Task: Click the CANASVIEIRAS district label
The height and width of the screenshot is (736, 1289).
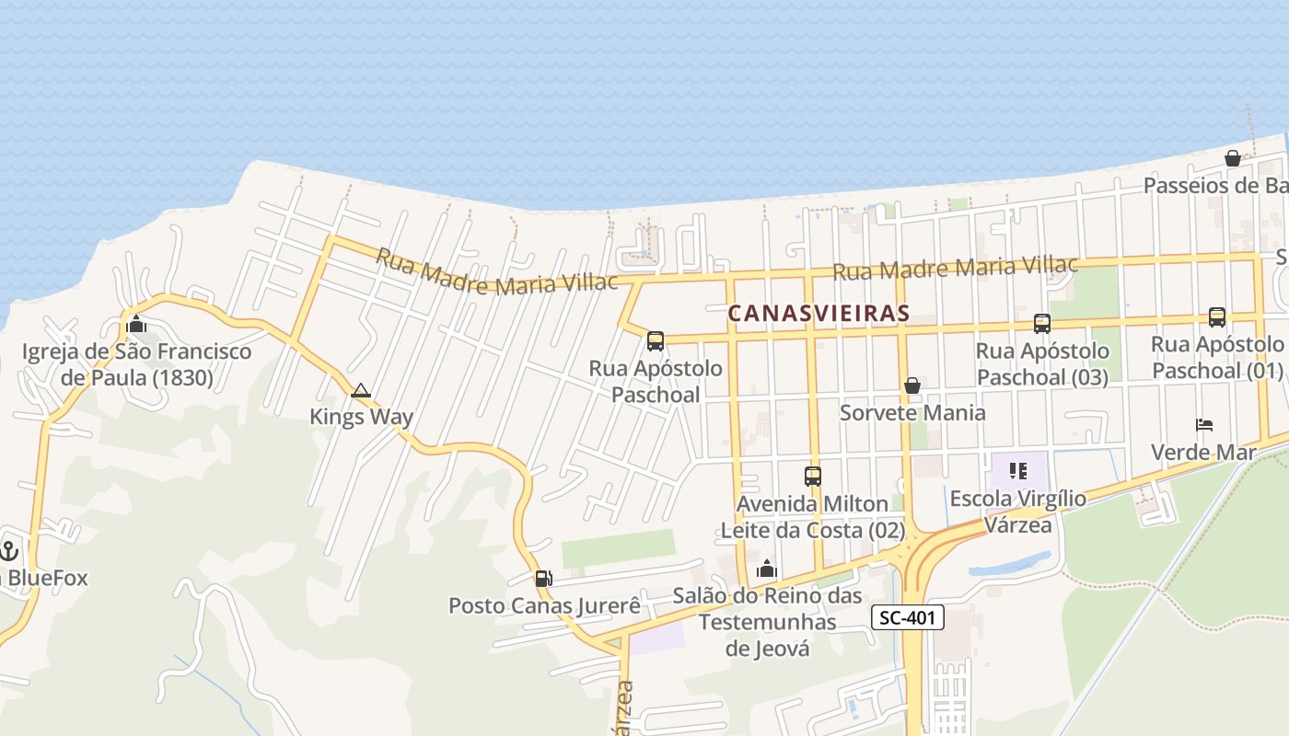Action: (x=819, y=314)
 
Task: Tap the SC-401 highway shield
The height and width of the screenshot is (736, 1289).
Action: (x=908, y=618)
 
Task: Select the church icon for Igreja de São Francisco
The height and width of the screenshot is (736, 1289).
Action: (x=136, y=324)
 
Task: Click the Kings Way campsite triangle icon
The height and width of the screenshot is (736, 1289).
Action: (x=360, y=390)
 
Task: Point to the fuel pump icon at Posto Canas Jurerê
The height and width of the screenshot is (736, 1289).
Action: (x=543, y=579)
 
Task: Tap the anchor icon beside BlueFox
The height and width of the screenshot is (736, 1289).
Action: (x=9, y=551)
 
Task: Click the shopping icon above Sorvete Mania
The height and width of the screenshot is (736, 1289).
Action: (x=912, y=385)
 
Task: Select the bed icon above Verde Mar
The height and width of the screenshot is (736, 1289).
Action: (x=1203, y=425)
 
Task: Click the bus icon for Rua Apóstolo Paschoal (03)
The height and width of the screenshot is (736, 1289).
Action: (x=1041, y=324)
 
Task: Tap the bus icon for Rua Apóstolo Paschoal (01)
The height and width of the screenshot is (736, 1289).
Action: (x=1216, y=317)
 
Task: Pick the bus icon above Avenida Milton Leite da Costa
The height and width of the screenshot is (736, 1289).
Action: (x=812, y=477)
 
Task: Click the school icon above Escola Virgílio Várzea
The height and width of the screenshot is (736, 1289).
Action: (x=1017, y=472)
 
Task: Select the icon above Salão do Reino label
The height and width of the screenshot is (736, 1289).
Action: (x=766, y=569)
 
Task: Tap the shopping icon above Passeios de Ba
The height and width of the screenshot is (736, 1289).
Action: (x=1232, y=158)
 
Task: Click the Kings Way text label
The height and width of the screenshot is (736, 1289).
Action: (x=361, y=417)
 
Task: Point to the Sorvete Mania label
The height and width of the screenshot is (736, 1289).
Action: (x=912, y=412)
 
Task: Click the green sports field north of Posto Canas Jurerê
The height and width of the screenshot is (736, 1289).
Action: (x=618, y=548)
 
